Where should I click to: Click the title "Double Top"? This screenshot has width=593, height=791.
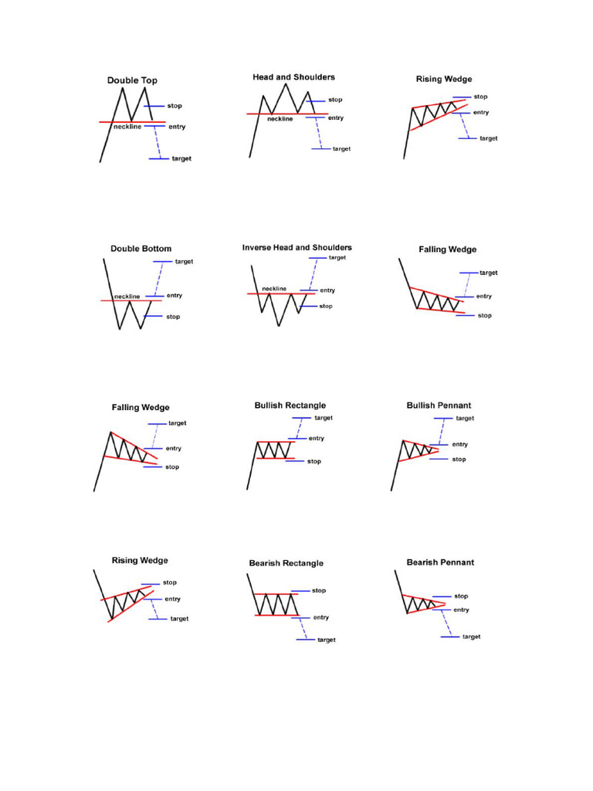click(132, 80)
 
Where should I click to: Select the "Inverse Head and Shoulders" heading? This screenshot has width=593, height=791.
click(296, 248)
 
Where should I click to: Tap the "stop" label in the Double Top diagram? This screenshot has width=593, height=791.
click(175, 105)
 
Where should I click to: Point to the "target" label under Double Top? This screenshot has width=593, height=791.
click(181, 158)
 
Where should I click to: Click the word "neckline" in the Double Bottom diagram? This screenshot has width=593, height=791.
click(127, 296)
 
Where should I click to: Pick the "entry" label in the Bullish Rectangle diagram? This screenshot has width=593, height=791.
click(317, 439)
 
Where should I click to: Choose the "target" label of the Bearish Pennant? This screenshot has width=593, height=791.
click(471, 637)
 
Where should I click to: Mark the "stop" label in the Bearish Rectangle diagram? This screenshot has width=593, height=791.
click(319, 590)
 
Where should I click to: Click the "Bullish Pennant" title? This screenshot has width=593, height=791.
click(439, 406)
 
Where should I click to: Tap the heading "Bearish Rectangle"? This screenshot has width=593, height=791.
click(286, 563)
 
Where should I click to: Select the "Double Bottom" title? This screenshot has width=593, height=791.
click(141, 249)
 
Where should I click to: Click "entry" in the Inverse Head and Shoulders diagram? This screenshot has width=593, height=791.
click(327, 290)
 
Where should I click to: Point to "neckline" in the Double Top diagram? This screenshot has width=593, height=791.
click(127, 126)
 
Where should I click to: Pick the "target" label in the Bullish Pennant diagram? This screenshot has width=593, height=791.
click(465, 418)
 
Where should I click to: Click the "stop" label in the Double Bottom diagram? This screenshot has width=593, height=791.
click(173, 316)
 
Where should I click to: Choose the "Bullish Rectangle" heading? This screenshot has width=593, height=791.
click(290, 406)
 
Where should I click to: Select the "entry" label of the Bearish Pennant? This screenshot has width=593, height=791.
click(461, 609)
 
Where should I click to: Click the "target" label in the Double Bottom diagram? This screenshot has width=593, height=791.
click(184, 261)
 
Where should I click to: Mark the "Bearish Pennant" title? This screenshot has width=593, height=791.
click(440, 562)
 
